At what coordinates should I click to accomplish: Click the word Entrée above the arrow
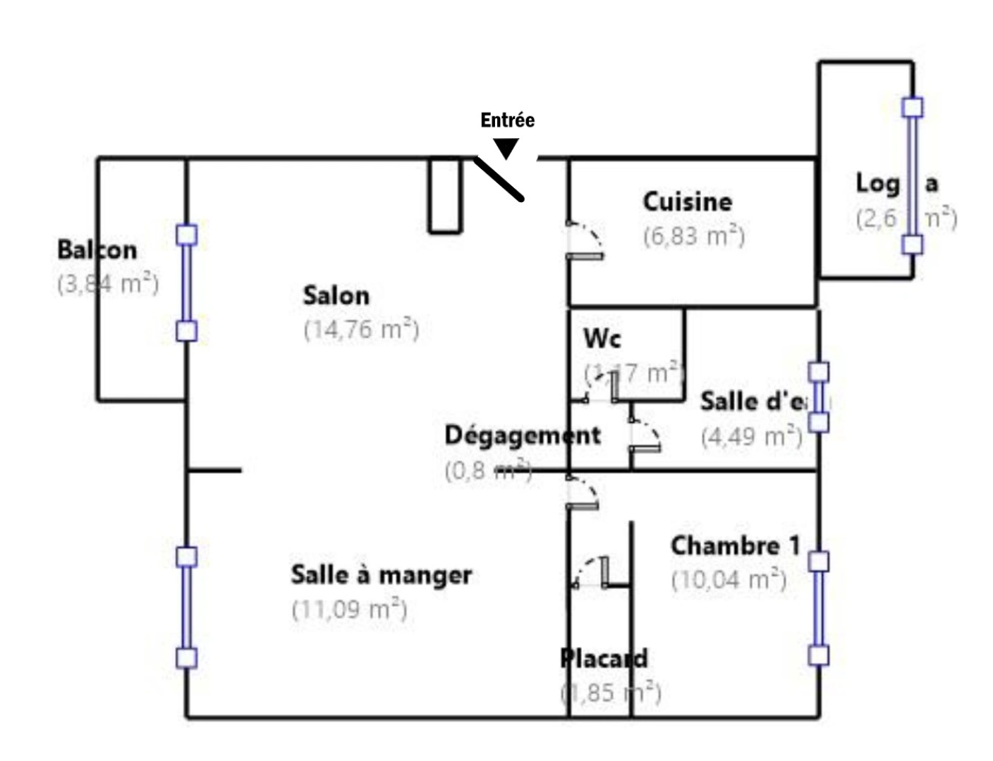[x=507, y=120]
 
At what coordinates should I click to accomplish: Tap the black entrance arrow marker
[x=506, y=148]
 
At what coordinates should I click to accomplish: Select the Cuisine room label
[x=687, y=202]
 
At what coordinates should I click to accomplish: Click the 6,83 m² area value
[x=693, y=236]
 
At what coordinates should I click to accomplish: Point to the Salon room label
[x=336, y=295]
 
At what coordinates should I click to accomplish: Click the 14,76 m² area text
[x=361, y=330]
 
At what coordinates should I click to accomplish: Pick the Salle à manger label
[x=381, y=575]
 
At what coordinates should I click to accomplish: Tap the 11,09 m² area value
[x=349, y=610]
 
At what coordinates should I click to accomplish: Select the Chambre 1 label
[x=735, y=546]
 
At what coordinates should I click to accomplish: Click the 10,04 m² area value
[x=729, y=581]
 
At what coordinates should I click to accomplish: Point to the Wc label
[x=602, y=339]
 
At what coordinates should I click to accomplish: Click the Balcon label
[x=97, y=250]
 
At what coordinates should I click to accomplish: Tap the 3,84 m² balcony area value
[x=107, y=285]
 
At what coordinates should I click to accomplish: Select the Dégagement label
[x=523, y=435]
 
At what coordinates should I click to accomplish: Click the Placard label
[x=604, y=659]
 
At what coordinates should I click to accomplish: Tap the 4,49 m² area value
[x=751, y=437]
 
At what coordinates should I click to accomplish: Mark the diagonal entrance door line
[x=499, y=179]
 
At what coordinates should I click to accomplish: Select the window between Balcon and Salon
[x=186, y=283]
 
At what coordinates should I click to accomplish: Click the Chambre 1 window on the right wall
[x=818, y=609]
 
